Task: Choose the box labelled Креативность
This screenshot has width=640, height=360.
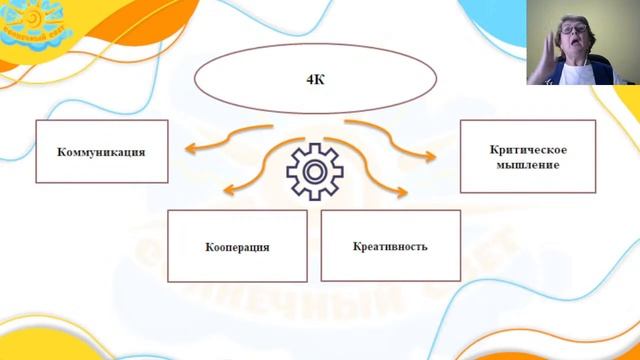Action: click(390, 246)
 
